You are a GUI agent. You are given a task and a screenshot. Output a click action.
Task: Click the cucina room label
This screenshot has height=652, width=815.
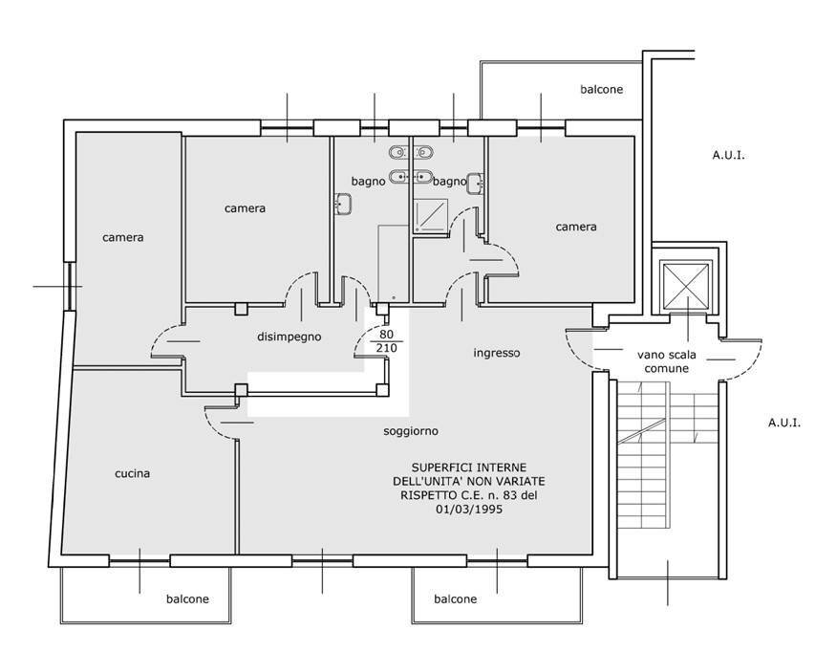click(132, 473)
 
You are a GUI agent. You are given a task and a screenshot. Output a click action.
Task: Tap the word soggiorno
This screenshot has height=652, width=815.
click(411, 431)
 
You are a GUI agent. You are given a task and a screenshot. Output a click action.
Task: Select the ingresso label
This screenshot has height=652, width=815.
click(497, 353)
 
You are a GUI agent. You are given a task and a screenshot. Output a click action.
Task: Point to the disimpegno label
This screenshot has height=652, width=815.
click(289, 337)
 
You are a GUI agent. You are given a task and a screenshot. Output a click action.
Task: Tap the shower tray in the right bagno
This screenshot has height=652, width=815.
click(430, 215)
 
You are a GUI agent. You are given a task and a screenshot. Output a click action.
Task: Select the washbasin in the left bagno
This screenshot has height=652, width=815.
click(342, 204)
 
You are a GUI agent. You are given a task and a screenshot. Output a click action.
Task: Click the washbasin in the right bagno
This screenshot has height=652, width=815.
click(476, 184)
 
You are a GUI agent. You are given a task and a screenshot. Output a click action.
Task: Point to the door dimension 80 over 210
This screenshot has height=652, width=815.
click(386, 341)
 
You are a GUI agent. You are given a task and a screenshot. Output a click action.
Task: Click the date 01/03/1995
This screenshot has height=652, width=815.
click(469, 509)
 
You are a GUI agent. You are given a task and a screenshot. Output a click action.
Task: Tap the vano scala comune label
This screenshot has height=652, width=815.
click(666, 361)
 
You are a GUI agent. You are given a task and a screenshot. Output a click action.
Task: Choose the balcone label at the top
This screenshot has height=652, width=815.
click(601, 90)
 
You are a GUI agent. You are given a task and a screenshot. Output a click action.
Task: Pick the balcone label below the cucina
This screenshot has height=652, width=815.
click(187, 599)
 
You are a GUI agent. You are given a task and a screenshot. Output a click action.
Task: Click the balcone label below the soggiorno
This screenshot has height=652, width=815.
click(456, 599)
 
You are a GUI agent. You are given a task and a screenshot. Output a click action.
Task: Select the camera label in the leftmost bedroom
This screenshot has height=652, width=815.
click(122, 238)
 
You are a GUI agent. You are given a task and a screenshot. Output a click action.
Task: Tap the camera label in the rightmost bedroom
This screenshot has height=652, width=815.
click(576, 227)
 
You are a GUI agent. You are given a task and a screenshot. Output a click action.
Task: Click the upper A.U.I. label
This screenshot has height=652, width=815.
click(728, 155)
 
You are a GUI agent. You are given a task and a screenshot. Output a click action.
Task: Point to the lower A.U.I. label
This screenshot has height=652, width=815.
click(784, 423)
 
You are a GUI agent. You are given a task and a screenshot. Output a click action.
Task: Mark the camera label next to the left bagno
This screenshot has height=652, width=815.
click(245, 208)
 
